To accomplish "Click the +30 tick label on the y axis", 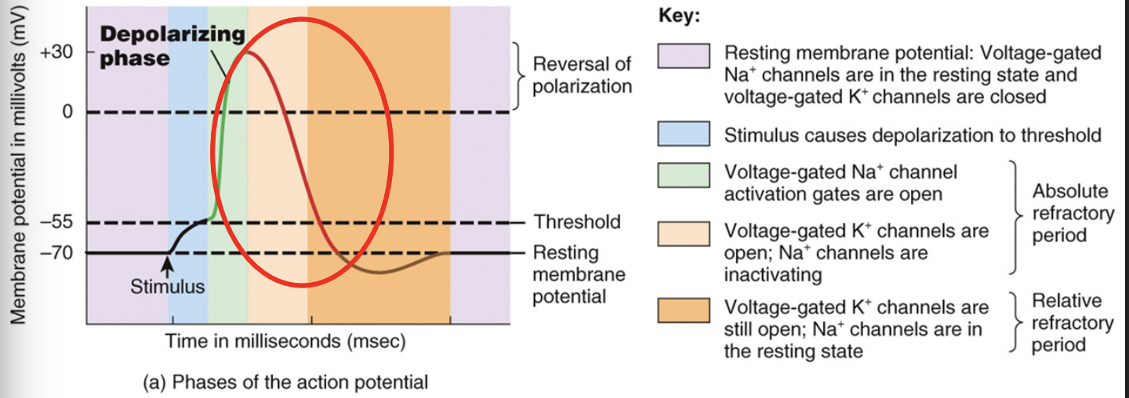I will click(56, 54).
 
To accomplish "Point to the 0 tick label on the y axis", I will click(66, 112).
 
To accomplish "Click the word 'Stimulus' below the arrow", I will click(167, 287).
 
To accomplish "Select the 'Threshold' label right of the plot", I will click(577, 223).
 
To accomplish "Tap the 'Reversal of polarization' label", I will click(582, 74).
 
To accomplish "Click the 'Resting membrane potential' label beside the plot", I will click(579, 274).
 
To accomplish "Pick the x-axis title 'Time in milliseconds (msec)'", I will click(285, 342).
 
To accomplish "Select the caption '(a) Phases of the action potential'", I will click(285, 382).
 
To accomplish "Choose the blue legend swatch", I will click(684, 134).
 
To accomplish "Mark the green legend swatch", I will click(684, 175).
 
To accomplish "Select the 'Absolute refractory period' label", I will click(1071, 212).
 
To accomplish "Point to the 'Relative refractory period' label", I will click(1071, 322).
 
